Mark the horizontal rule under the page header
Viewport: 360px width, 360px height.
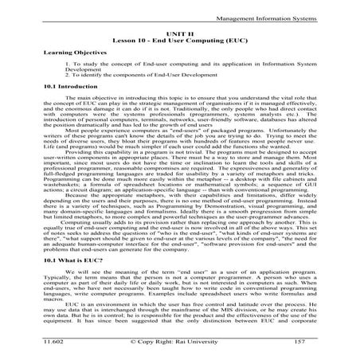point(180,15)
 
